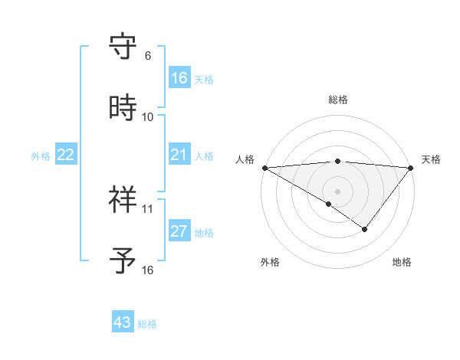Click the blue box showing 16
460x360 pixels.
pyautogui.click(x=179, y=78)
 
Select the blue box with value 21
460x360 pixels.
pyautogui.click(x=179, y=155)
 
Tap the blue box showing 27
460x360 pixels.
pyautogui.click(x=179, y=231)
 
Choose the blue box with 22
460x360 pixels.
pyautogui.click(x=66, y=155)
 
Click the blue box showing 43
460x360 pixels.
pyautogui.click(x=123, y=322)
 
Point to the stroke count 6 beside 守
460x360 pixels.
pyautogui.click(x=148, y=56)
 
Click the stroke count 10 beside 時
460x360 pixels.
pyautogui.click(x=148, y=117)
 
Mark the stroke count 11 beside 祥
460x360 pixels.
pyautogui.click(x=148, y=208)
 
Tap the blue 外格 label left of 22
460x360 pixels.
pyautogui.click(x=41, y=155)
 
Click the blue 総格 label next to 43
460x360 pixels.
pyautogui.click(x=147, y=323)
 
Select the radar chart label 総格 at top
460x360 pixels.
pyautogui.click(x=337, y=100)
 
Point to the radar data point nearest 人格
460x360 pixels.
pyautogui.click(x=264, y=168)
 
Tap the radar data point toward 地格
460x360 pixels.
pyautogui.click(x=365, y=229)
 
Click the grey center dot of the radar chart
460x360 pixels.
pyautogui.click(x=337, y=190)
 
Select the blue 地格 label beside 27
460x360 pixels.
pyautogui.click(x=204, y=232)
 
